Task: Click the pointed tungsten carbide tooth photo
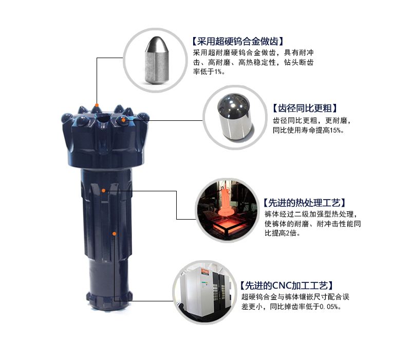(x=154, y=58)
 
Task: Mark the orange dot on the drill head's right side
(x=123, y=120)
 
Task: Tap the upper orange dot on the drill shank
(x=103, y=190)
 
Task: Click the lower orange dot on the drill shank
(x=115, y=233)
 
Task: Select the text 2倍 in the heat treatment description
(x=292, y=233)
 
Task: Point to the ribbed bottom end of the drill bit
(x=107, y=301)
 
